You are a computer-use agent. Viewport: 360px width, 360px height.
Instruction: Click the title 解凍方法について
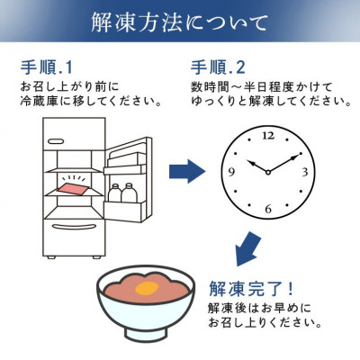[179, 22]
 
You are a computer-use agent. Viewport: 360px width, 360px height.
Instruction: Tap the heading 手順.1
[47, 67]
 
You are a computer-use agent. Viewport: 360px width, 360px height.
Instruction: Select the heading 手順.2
[218, 67]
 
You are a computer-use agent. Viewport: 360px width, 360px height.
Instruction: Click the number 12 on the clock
[268, 136]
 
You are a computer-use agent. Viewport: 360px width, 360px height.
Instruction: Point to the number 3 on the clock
[305, 172]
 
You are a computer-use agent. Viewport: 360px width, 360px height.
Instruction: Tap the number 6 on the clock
[268, 209]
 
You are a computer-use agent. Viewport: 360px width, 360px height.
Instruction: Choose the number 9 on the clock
[231, 172]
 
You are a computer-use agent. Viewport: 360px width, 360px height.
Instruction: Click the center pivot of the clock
[268, 172]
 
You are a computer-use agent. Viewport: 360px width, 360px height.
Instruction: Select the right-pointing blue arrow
[187, 171]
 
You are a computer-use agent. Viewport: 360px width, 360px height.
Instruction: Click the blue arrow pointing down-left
[247, 249]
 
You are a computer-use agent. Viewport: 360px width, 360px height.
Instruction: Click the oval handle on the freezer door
[56, 140]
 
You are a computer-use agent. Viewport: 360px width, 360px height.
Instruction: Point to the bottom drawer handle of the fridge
[74, 227]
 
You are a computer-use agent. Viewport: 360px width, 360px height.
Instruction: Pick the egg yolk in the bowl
[147, 289]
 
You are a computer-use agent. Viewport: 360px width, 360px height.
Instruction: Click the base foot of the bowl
[146, 335]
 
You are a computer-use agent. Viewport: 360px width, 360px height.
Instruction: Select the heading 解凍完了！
[251, 288]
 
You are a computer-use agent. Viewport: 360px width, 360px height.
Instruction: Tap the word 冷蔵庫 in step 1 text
[40, 101]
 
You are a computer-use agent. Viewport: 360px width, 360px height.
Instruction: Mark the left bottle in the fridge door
[114, 193]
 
